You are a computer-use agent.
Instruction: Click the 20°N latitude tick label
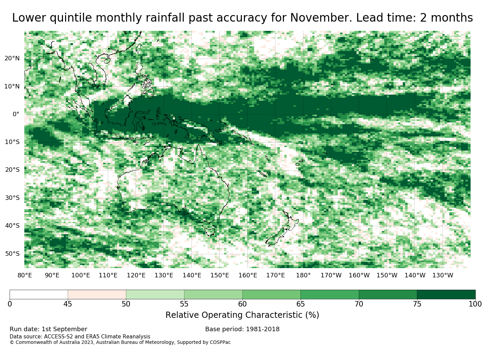click(x=12, y=59)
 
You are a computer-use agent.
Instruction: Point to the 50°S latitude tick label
click(x=12, y=254)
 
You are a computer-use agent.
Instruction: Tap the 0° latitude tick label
click(x=16, y=114)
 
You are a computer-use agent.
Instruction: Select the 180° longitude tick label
click(x=303, y=275)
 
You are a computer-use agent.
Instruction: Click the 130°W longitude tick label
click(x=443, y=275)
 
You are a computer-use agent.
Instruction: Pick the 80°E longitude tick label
click(x=25, y=275)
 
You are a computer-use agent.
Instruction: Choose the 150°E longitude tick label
click(x=220, y=275)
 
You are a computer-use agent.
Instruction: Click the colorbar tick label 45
click(x=67, y=304)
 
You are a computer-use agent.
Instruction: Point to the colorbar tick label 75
click(x=417, y=304)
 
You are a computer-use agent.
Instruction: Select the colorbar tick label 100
click(x=475, y=304)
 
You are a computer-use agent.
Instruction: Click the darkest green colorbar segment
click(x=446, y=295)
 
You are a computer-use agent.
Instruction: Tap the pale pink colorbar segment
click(x=97, y=295)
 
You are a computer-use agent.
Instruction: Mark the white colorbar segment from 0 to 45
click(x=39, y=295)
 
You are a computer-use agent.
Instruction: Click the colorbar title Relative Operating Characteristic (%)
click(x=242, y=315)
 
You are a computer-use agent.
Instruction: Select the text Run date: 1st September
click(x=48, y=329)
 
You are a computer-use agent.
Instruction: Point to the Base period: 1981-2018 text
click(x=242, y=329)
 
